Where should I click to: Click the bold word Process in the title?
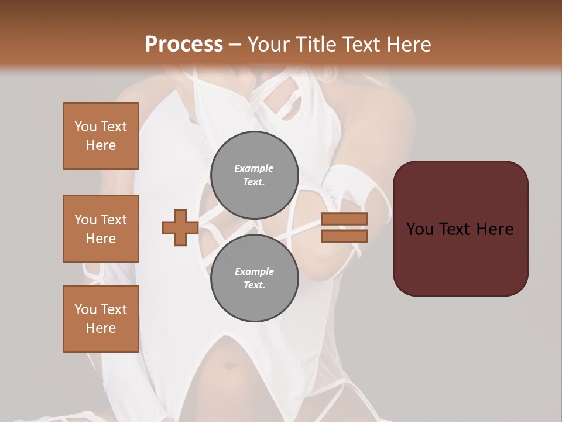pos(184,45)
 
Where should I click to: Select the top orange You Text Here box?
pos(101,136)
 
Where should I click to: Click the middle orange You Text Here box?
pos(101,229)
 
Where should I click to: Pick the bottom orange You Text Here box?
pos(101,319)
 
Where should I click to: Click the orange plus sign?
pos(180,227)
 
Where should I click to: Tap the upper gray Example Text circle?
pos(255,175)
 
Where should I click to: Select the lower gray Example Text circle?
pos(255,278)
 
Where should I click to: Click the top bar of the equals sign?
pos(345,219)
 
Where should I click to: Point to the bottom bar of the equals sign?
pos(345,236)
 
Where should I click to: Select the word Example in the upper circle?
pos(254,168)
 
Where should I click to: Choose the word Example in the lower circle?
pos(254,271)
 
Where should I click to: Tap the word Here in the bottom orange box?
pos(101,328)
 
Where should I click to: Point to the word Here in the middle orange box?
pos(101,239)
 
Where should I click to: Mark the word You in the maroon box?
pos(420,229)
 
